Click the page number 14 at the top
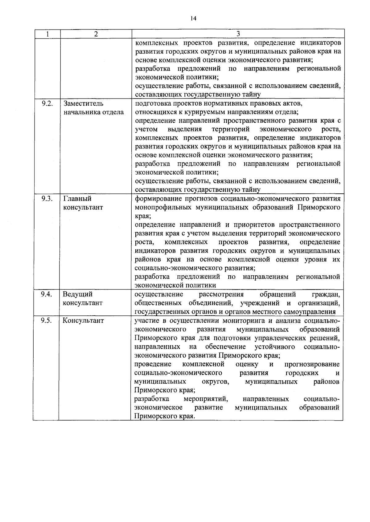[193, 18]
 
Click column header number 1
[47, 34]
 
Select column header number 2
[96, 34]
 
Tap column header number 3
[238, 34]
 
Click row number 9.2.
[47, 103]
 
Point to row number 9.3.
[47, 199]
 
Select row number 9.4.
[46, 294]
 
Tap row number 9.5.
[46, 320]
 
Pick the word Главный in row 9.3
[77, 199]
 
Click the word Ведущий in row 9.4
[77, 294]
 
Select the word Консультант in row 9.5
[83, 321]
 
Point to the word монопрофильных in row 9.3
[163, 207]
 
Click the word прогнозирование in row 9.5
[312, 365]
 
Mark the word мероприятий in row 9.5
[206, 399]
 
